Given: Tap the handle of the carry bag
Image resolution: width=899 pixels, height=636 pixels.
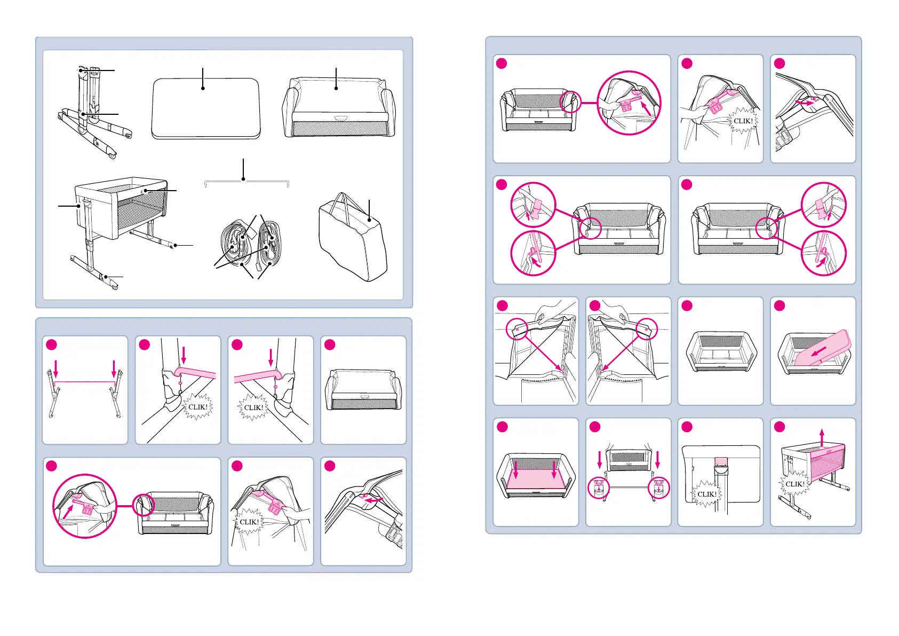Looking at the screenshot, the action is tap(347, 203).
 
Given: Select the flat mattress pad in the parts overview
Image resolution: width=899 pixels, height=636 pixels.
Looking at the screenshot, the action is tap(206, 109).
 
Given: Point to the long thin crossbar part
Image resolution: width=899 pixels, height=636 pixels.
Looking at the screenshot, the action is tap(246, 183).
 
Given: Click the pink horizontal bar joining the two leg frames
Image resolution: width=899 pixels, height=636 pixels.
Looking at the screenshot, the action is tap(85, 382).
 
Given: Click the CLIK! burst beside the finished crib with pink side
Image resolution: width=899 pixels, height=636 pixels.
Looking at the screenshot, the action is tap(794, 484).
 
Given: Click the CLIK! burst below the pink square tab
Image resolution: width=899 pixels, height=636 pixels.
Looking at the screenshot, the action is tap(707, 494).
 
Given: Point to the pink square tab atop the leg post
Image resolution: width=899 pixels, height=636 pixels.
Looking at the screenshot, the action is tap(721, 461).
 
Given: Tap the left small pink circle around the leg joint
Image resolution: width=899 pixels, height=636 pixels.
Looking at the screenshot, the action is tap(599, 488).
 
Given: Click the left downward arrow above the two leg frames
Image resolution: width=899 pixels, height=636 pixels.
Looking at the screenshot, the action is tap(55, 368).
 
